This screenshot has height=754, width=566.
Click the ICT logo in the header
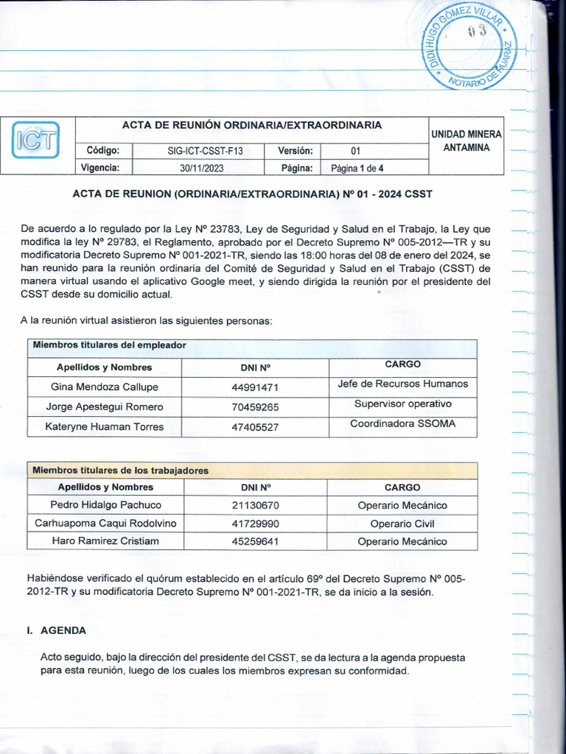(x=36, y=142)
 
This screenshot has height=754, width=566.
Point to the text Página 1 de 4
(x=357, y=168)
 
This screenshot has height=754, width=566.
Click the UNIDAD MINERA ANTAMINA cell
(x=465, y=141)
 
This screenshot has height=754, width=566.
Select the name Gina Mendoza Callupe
(x=105, y=387)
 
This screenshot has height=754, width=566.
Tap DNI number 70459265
(x=255, y=407)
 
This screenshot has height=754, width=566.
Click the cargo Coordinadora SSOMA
(x=402, y=423)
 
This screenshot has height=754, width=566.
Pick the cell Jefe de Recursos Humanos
(x=402, y=384)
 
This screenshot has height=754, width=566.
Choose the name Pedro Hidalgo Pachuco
(x=105, y=505)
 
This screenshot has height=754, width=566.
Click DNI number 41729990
(x=255, y=524)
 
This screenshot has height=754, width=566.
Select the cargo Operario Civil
(x=402, y=524)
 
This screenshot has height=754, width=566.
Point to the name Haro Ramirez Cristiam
(x=105, y=541)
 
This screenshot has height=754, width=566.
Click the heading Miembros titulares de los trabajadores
(x=120, y=470)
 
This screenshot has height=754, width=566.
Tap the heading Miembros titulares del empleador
(x=109, y=345)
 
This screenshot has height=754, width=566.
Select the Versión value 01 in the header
(x=355, y=151)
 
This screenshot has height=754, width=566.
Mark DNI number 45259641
(x=255, y=542)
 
